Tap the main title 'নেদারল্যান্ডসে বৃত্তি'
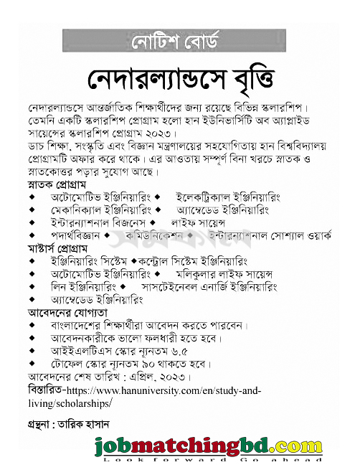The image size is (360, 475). coord(179,77)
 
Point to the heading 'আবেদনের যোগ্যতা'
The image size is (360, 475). coord(67,313)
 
